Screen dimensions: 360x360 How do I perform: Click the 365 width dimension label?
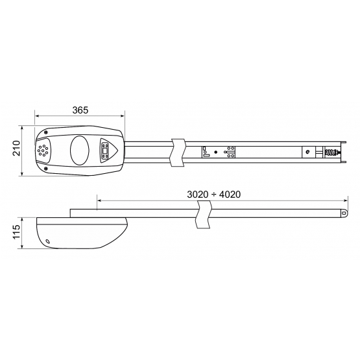(x=80, y=110)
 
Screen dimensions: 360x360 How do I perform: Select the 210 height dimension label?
(x=16, y=148)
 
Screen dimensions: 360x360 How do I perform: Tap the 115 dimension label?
(x=16, y=232)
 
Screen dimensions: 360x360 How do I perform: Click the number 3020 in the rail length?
(x=197, y=195)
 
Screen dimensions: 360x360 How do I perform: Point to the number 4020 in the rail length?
(x=230, y=195)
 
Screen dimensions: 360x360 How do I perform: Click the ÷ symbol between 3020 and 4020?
(x=213, y=195)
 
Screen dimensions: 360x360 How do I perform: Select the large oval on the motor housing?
(x=79, y=150)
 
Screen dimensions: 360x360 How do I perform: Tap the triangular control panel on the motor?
(x=108, y=150)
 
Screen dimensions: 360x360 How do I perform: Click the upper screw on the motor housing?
(x=46, y=132)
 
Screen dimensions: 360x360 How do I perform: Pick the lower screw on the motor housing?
(x=46, y=169)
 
